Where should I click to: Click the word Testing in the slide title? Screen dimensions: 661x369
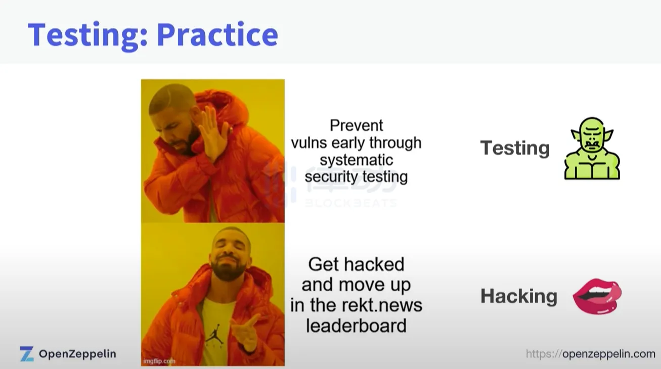(x=87, y=35)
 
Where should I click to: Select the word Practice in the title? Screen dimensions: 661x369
(x=217, y=34)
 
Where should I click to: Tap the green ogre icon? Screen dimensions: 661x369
(x=592, y=149)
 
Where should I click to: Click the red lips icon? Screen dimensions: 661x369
(x=597, y=296)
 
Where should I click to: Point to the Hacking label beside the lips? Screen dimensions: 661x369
(x=519, y=296)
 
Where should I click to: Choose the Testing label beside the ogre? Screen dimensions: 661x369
(x=515, y=148)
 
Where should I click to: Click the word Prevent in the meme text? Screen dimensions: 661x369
(x=356, y=125)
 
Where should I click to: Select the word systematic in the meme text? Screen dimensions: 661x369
(x=356, y=160)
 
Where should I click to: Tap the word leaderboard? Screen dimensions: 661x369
(x=356, y=326)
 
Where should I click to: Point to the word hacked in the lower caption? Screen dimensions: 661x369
(x=376, y=264)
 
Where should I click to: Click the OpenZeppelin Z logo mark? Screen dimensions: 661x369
(x=27, y=354)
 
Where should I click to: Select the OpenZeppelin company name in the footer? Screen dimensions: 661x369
(x=77, y=354)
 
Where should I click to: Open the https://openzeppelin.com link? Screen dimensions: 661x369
(x=591, y=354)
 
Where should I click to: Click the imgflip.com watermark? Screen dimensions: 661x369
(x=159, y=361)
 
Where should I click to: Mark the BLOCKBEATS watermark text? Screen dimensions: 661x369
(x=350, y=203)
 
